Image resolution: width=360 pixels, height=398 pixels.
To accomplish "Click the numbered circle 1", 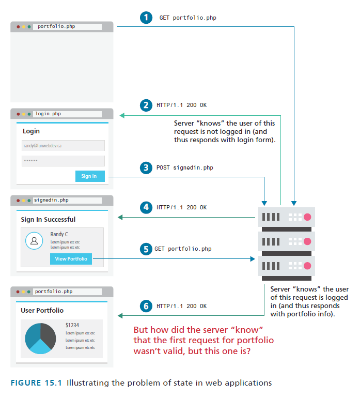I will [146, 18].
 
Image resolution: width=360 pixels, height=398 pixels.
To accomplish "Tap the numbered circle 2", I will [146, 105].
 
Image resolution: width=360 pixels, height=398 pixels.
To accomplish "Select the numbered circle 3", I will [146, 167].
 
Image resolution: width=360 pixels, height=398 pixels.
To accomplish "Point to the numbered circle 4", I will [146, 207].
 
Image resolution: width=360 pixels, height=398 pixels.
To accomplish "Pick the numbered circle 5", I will [146, 249].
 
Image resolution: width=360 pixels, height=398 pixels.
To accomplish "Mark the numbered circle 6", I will [146, 306].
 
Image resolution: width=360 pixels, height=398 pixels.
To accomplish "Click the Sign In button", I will [89, 176].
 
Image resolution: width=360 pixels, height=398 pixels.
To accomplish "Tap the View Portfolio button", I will [71, 258].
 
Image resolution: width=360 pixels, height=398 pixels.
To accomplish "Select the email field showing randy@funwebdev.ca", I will [63, 146].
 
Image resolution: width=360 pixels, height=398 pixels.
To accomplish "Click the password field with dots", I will [63, 161].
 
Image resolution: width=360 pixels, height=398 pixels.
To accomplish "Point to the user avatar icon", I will [34, 241].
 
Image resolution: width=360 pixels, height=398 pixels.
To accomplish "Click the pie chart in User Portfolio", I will [40, 339].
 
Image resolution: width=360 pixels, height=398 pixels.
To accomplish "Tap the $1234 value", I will [72, 325].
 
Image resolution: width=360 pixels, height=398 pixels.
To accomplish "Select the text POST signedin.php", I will [185, 167].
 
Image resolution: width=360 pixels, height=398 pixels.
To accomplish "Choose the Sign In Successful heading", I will [48, 220].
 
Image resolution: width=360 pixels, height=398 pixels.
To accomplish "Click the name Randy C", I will [59, 234].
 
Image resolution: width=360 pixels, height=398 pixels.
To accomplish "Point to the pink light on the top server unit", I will [307, 217].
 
